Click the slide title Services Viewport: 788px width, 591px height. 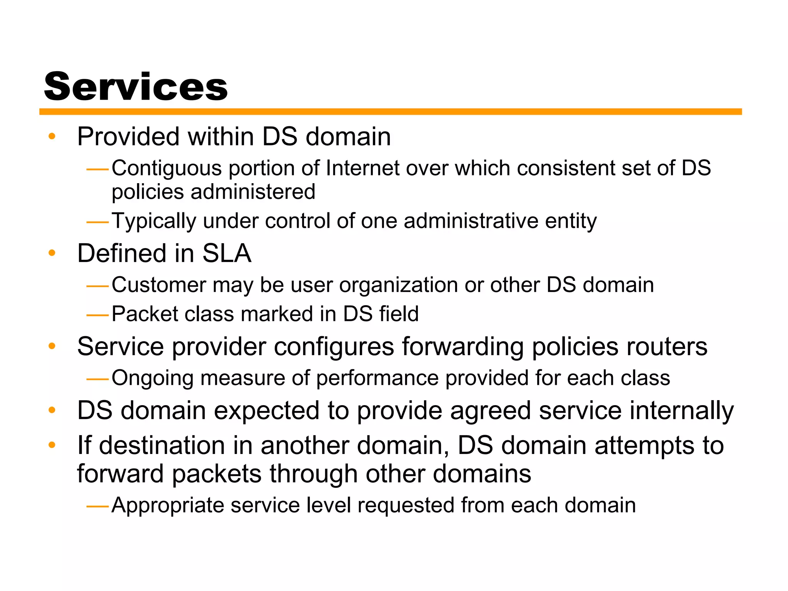[136, 87]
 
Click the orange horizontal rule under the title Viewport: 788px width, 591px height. [390, 112]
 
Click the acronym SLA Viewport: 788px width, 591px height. [227, 254]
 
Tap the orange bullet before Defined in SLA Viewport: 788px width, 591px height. [52, 253]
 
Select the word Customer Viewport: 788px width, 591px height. [159, 285]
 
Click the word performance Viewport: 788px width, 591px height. [377, 378]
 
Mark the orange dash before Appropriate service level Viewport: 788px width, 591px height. [98, 507]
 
